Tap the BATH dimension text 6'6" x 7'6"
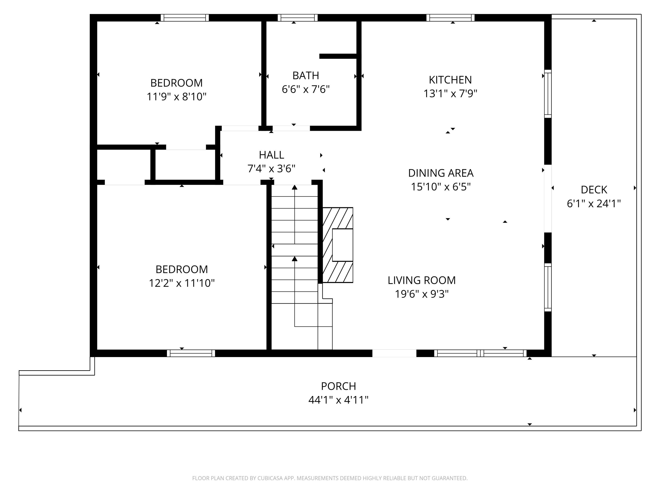click(306, 89)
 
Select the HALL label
click(271, 155)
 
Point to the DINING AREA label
click(441, 173)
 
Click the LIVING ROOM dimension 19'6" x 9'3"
click(422, 294)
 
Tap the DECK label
click(594, 190)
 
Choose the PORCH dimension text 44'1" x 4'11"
click(338, 400)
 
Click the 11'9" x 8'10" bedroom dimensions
click(176, 97)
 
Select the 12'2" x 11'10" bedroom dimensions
click(182, 283)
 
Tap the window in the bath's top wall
click(297, 18)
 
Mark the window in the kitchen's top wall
click(450, 18)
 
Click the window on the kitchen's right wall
click(548, 94)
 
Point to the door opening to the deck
click(548, 199)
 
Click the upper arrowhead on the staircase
click(295, 187)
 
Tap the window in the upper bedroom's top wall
click(185, 18)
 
